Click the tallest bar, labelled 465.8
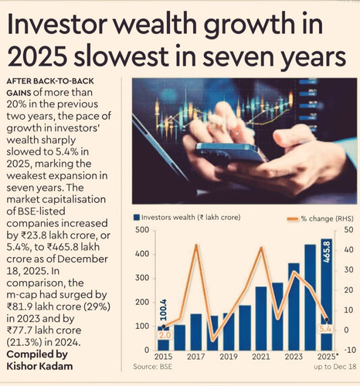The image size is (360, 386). coord(326,294)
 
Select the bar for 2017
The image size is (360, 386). coord(196,332)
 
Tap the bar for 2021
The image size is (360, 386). coord(261,318)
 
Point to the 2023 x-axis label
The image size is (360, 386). coord(294,357)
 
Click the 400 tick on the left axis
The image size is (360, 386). coord(142,254)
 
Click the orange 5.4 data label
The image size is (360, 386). coord(325,329)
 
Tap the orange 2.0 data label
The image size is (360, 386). coord(165,335)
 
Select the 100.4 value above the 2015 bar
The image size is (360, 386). coord(163,310)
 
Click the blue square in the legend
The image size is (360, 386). coord(137,218)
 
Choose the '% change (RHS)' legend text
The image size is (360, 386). coord(327,218)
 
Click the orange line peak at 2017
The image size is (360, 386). coord(196,245)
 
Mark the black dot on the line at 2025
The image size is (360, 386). coord(327,320)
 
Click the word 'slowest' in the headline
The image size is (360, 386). coord(121,57)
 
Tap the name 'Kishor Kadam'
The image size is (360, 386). coord(39,366)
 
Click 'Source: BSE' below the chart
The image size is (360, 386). coord(152,367)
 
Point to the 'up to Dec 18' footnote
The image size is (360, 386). coord(335,367)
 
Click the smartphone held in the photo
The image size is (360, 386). coord(230,154)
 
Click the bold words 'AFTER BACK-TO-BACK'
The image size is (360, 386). coord(50,81)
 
